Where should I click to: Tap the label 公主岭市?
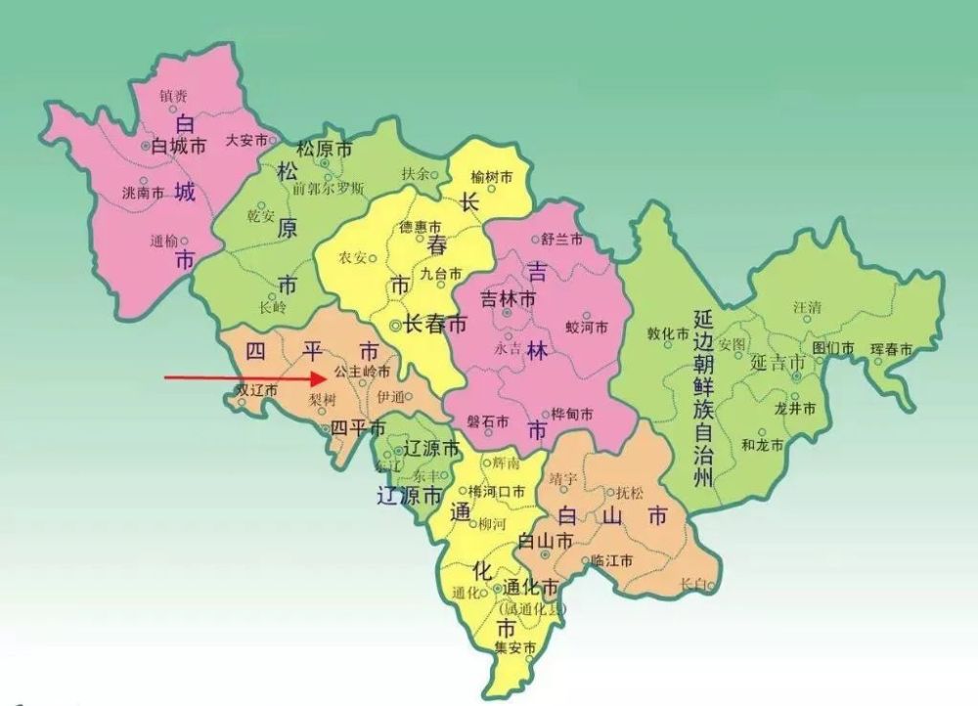[363, 373]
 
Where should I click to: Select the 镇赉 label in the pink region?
[173, 96]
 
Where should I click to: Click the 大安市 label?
[246, 140]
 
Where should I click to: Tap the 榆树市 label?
[492, 176]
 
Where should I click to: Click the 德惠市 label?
[421, 227]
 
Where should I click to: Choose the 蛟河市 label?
[588, 326]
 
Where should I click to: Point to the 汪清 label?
[808, 307]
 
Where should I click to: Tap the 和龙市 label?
[763, 445]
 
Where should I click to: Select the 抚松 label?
[629, 493]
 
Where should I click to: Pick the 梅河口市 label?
[497, 491]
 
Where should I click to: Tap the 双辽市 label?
[256, 389]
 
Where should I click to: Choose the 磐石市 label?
[487, 421]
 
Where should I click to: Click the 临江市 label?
[613, 561]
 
